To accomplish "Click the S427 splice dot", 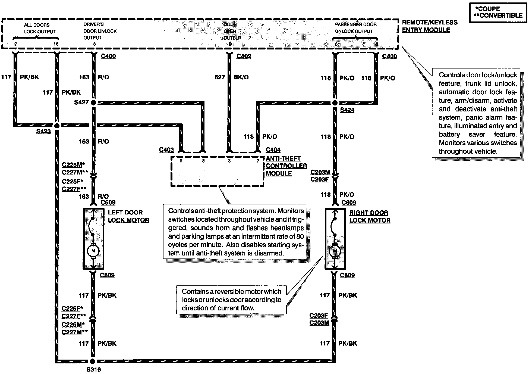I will coord(93,103).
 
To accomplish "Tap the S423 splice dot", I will coord(57,126).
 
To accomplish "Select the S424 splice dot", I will coord(335,103).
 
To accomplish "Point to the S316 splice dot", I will coord(92,361).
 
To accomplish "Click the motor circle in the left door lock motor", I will coord(93,251).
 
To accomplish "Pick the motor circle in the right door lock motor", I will coord(335,251).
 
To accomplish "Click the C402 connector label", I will coord(244,56).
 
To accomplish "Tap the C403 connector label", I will coord(166,150).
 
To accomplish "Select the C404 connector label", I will coord(273,150).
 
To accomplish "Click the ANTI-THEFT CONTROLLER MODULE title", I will coord(286,166).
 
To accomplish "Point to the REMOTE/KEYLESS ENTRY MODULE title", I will coord(430,26).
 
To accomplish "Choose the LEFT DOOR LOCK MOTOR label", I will coord(128,216).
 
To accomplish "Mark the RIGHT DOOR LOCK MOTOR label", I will coord(370,217).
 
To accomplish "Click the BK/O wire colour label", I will coord(241,77).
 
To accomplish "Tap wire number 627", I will coord(220,77).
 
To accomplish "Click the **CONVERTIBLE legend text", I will coord(498,15).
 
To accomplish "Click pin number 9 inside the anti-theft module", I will coord(181,161).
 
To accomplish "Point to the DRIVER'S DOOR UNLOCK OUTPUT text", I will coord(100,31).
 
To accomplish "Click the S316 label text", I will coord(94,370).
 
